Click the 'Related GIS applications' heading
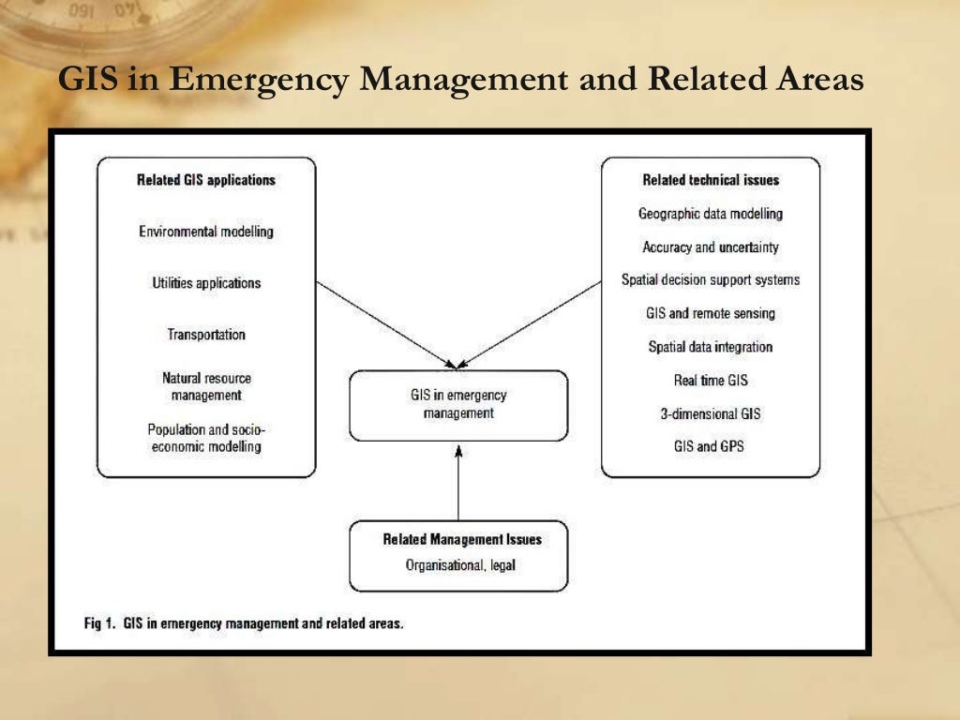(x=206, y=180)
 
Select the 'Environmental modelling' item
(x=206, y=231)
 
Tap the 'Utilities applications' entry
(x=206, y=282)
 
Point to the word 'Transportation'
(x=206, y=334)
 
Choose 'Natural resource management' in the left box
(x=206, y=386)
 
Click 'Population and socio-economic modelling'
(x=206, y=438)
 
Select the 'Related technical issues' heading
(x=711, y=180)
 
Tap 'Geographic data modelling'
(x=711, y=214)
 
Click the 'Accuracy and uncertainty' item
(x=711, y=247)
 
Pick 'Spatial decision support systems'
(x=711, y=279)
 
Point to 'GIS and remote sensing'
(x=711, y=313)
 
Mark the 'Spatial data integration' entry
(x=711, y=347)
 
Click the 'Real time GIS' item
(x=711, y=381)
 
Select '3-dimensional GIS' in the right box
(x=711, y=413)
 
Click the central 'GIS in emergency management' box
(x=458, y=404)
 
